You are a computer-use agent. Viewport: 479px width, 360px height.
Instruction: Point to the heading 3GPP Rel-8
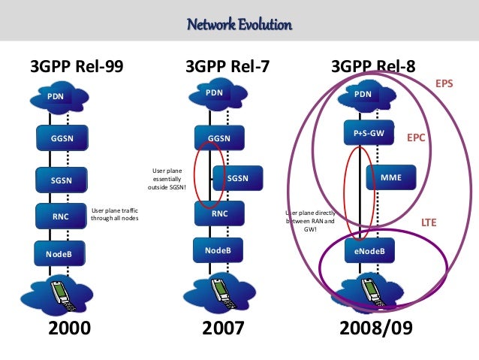click(x=373, y=68)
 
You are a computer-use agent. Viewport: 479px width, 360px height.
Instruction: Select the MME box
click(x=391, y=178)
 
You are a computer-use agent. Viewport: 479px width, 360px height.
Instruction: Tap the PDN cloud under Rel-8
click(x=363, y=95)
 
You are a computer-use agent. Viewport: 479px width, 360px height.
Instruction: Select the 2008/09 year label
click(x=375, y=328)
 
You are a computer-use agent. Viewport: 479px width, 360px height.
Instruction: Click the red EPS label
click(x=444, y=86)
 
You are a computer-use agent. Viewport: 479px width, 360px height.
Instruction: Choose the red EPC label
click(x=417, y=138)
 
